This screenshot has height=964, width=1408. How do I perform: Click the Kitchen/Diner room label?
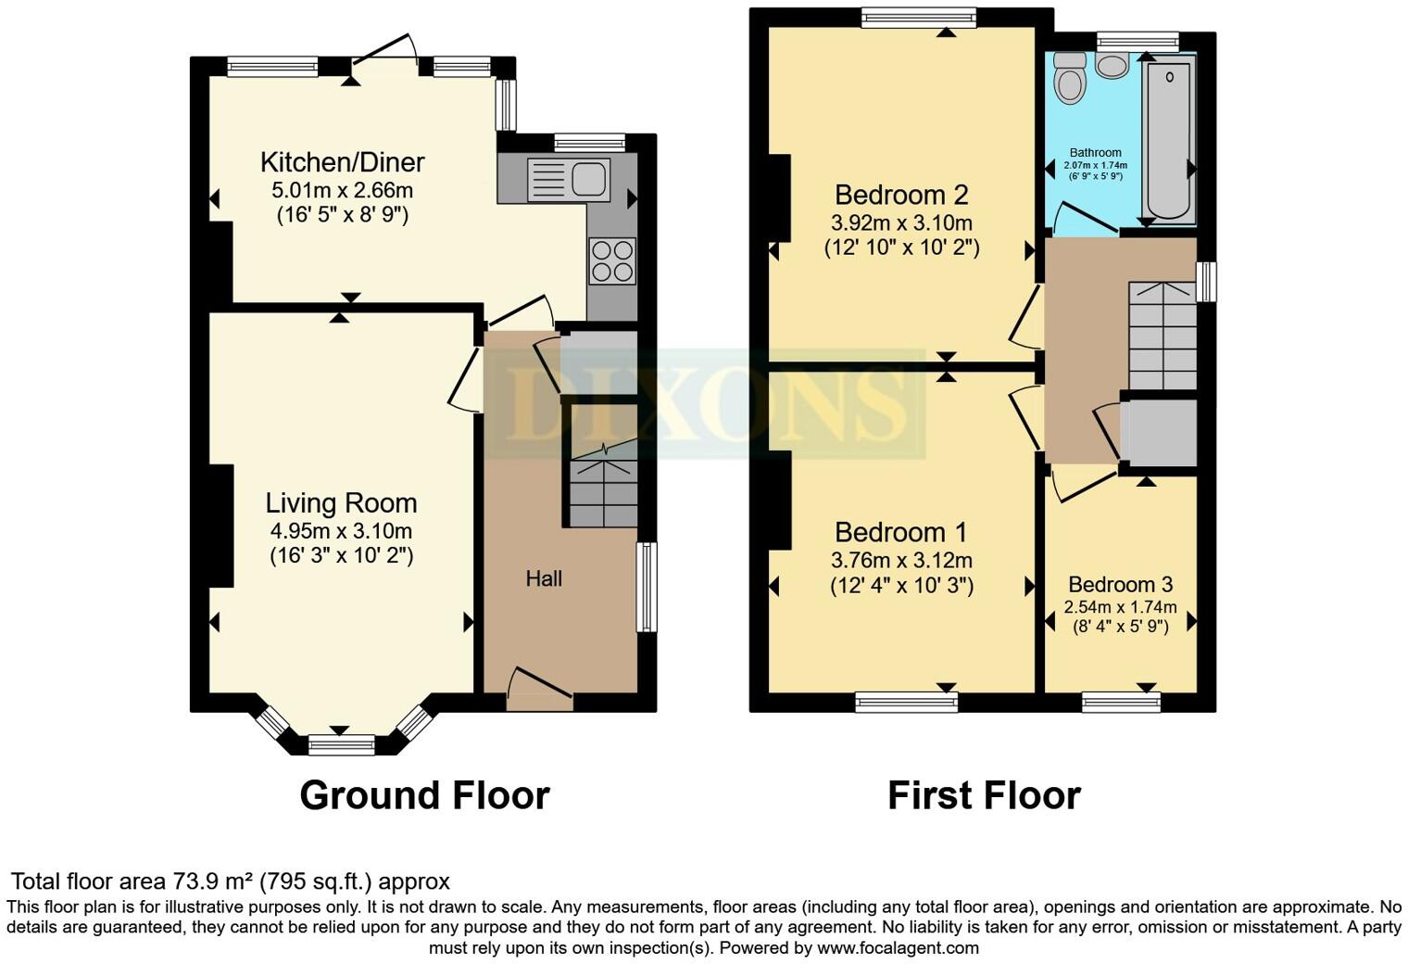342,162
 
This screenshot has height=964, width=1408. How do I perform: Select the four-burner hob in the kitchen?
612,260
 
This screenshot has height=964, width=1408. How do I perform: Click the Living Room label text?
341,503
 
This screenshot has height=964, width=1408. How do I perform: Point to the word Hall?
544,579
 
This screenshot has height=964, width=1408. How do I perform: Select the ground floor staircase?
602,487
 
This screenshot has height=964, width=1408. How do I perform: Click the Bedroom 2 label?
900,196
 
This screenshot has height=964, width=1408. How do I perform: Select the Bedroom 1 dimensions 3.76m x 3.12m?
900,561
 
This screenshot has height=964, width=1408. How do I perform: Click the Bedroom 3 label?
1120,585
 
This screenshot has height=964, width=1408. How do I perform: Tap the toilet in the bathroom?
1070,78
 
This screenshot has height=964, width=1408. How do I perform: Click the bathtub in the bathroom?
1169,139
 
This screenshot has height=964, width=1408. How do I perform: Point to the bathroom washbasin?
1111,65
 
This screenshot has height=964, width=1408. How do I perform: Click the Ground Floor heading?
424,795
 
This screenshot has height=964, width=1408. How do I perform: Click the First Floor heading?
984,795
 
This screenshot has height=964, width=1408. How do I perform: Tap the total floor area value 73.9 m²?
213,882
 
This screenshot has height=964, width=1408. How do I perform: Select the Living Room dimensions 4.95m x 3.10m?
341,531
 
